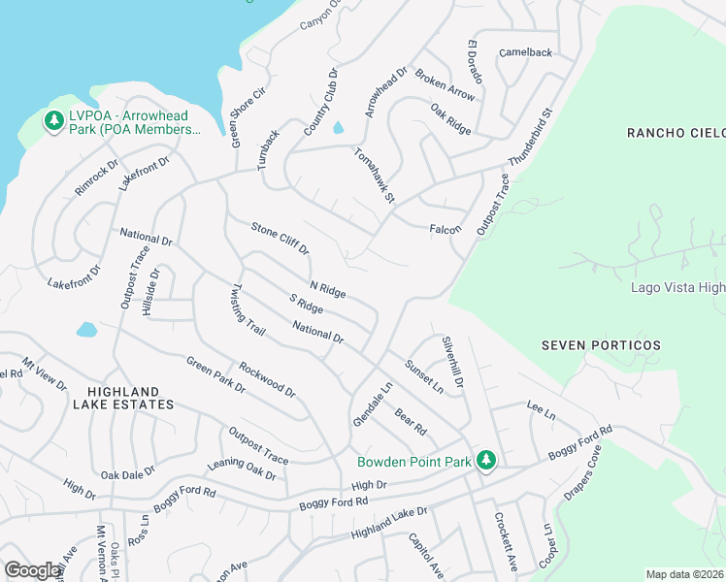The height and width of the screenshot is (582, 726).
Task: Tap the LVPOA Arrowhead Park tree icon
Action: click(53, 121)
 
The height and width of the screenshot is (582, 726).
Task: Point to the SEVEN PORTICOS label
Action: click(601, 345)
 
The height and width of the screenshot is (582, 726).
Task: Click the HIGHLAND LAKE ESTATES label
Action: click(122, 396)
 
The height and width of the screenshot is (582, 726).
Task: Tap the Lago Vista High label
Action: click(677, 287)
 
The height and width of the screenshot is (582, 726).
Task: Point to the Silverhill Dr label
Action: click(453, 361)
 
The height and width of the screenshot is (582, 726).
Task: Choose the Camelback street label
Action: click(525, 52)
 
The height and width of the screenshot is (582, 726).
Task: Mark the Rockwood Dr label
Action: click(267, 379)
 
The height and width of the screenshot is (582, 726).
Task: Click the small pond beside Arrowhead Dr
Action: click(338, 128)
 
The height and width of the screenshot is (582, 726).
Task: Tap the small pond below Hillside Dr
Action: click(86, 330)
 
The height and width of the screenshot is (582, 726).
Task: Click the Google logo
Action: click(33, 570)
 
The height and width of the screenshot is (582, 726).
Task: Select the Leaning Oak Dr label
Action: click(242, 469)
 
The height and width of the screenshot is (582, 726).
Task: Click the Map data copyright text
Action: click(684, 574)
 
